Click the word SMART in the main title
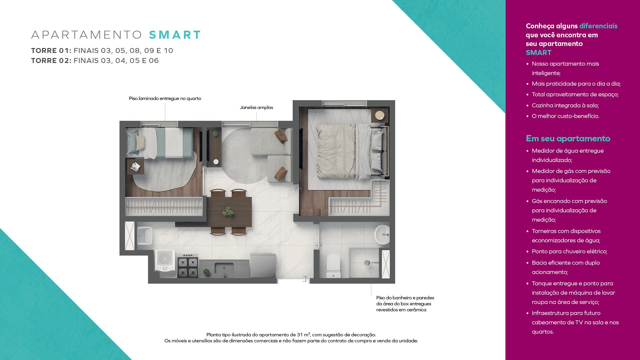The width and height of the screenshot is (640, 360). [x=175, y=35]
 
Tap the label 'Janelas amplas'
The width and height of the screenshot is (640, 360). [x=256, y=107]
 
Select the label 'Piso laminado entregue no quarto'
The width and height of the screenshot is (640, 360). [x=165, y=98]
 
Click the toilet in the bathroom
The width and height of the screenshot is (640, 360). [x=333, y=266]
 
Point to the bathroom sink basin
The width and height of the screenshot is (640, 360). [x=382, y=235]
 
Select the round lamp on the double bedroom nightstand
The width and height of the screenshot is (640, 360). [x=380, y=115]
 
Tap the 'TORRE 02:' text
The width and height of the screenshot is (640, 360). [x=51, y=61]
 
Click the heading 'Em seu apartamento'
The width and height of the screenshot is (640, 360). [x=568, y=138]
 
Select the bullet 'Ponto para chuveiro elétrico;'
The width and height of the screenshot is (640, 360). [x=569, y=251]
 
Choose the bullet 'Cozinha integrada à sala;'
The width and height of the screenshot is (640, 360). [x=565, y=105]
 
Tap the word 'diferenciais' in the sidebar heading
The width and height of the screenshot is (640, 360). [x=598, y=26]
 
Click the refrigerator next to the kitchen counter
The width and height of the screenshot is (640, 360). [x=263, y=265]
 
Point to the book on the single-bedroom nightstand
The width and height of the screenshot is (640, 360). [x=136, y=166]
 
